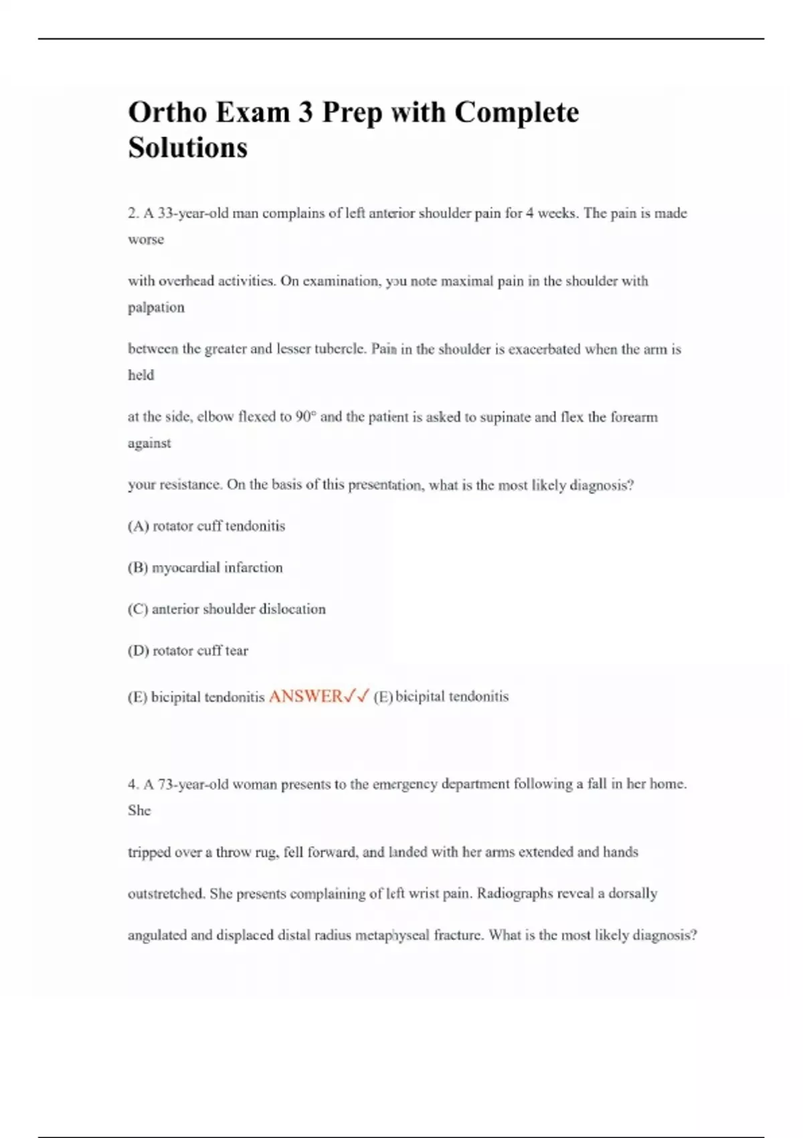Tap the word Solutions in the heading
point(187,147)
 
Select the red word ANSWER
point(305,696)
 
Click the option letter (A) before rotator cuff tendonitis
point(138,526)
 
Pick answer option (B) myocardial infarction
point(205,568)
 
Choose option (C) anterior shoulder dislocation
point(226,609)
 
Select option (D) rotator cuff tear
point(187,651)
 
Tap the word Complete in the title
point(517,112)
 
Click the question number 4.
point(132,784)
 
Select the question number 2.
point(132,214)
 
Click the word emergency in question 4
point(403,784)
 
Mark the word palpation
point(156,307)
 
